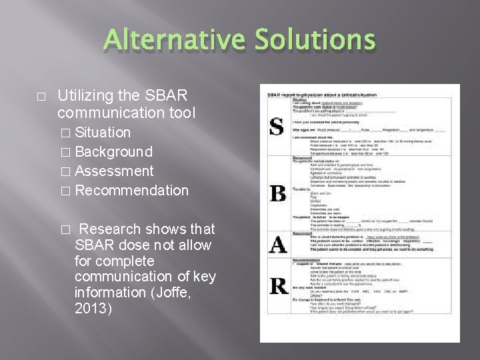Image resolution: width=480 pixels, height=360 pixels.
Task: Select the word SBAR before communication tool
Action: click(167, 95)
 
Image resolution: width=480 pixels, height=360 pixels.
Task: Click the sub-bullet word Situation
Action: click(103, 133)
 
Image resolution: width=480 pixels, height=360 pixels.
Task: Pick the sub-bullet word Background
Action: click(114, 152)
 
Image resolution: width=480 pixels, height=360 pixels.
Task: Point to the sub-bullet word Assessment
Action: click(115, 171)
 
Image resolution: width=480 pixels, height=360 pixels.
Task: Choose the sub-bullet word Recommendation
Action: click(132, 190)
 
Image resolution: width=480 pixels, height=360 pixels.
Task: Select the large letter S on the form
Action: click(275, 126)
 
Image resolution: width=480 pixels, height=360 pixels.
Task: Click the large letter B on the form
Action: click(277, 193)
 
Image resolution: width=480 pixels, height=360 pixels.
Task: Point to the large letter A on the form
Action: click(277, 245)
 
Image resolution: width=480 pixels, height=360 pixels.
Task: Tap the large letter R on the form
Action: click(279, 286)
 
